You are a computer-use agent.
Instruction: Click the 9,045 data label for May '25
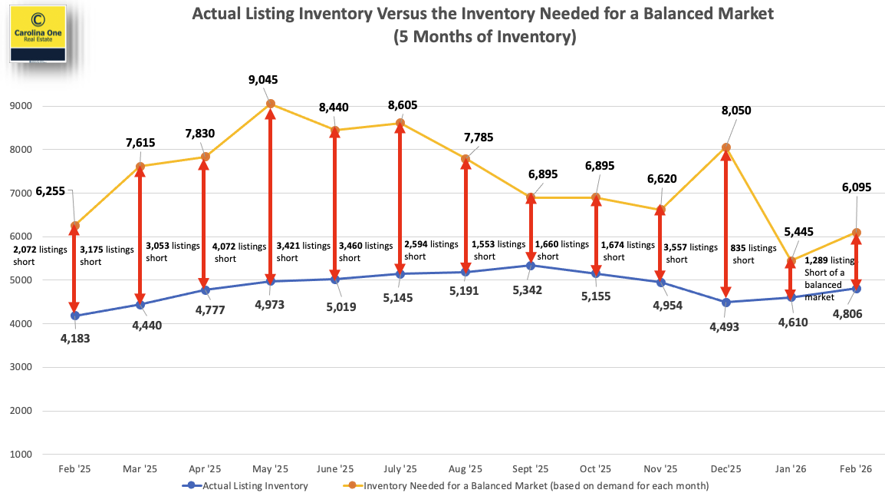pos(269,79)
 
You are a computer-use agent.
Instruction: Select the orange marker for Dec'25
pos(726,147)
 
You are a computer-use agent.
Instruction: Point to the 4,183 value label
pos(74,337)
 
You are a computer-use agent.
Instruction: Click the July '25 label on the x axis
pos(400,468)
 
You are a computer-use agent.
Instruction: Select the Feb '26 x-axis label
pos(856,468)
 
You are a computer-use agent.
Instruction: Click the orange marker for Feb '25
pos(74,226)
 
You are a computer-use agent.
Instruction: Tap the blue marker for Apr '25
pos(205,290)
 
